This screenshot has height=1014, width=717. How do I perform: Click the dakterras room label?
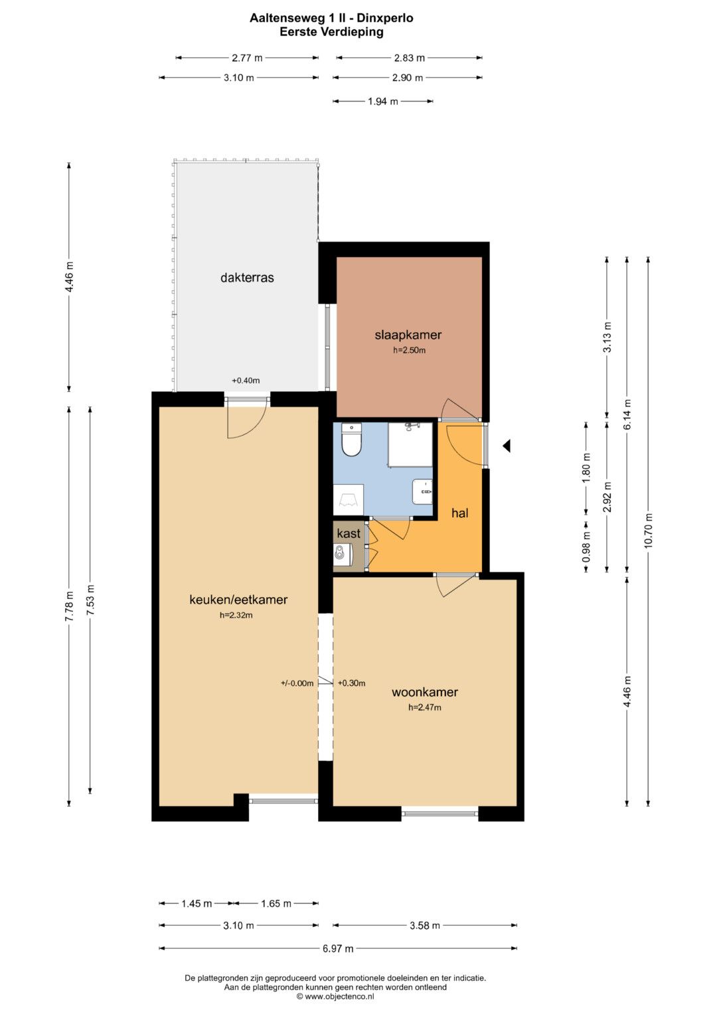247,277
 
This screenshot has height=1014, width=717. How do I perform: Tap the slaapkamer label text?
408,335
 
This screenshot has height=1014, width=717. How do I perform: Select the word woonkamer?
425,692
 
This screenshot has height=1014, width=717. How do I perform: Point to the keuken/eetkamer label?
238,600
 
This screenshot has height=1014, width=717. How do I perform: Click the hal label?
460,513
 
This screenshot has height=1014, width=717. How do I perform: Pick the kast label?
349,533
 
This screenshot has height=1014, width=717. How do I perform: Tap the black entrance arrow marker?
507,446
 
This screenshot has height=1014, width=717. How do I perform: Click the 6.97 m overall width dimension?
338,948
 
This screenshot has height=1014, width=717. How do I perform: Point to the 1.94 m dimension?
383,102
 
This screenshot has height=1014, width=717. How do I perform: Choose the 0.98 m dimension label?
587,547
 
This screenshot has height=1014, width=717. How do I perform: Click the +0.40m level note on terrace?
246,380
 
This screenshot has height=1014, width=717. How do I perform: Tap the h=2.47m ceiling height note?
425,707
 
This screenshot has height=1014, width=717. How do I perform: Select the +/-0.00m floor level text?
297,683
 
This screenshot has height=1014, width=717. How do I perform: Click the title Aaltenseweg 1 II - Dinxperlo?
331,18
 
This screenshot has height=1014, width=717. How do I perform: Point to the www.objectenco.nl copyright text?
335,997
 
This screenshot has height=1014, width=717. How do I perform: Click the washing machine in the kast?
343,554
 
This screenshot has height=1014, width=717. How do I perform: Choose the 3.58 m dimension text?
425,926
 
